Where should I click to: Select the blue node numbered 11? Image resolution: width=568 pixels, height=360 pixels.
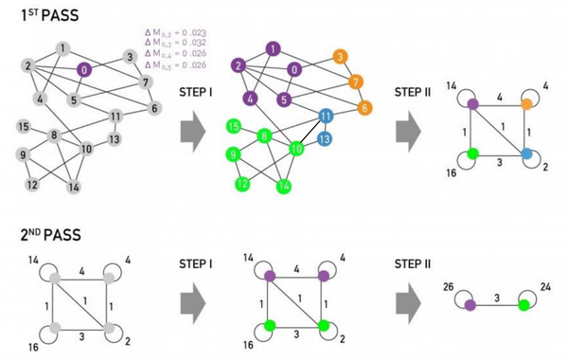[326, 117]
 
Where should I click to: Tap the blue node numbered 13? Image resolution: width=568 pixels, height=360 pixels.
[325, 138]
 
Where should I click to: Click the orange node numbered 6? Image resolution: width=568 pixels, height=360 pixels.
[364, 107]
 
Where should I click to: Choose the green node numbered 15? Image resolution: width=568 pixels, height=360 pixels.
[233, 126]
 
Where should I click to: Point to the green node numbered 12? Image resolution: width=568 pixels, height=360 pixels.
[242, 183]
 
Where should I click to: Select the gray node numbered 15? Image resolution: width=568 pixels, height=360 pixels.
[22, 126]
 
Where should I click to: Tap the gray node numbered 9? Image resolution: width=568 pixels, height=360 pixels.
[22, 154]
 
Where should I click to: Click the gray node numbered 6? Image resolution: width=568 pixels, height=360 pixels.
[153, 107]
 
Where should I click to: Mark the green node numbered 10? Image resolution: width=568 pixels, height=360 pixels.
[296, 149]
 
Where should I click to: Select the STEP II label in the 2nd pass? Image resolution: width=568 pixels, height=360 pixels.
[414, 254]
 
